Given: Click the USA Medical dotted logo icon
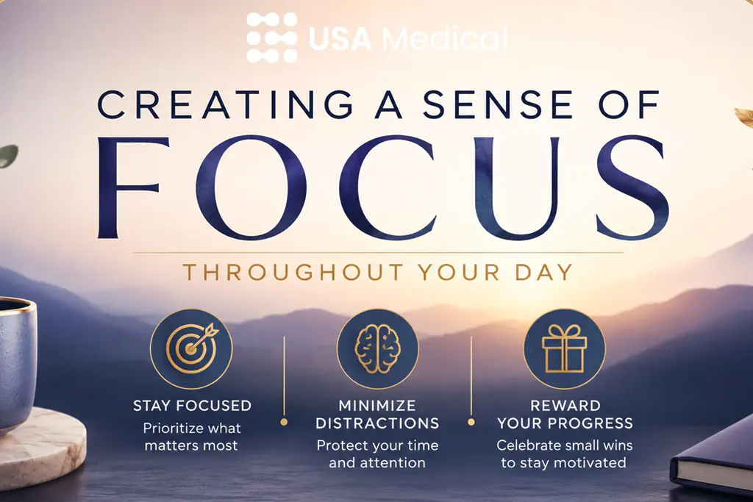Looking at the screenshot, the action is (x=272, y=37).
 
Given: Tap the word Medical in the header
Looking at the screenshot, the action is (x=445, y=38).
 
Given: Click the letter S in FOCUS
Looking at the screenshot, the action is (x=633, y=187).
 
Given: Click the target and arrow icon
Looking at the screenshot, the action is (x=191, y=349).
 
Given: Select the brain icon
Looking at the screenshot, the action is (x=377, y=349).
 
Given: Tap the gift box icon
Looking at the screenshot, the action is (x=564, y=349).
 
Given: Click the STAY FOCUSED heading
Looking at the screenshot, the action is (x=192, y=406).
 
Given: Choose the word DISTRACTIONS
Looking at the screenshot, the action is (x=377, y=423).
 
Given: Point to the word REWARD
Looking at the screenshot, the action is (x=565, y=406).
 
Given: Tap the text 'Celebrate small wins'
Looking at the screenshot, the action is (x=564, y=445).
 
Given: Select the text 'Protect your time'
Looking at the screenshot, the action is (x=377, y=445).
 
